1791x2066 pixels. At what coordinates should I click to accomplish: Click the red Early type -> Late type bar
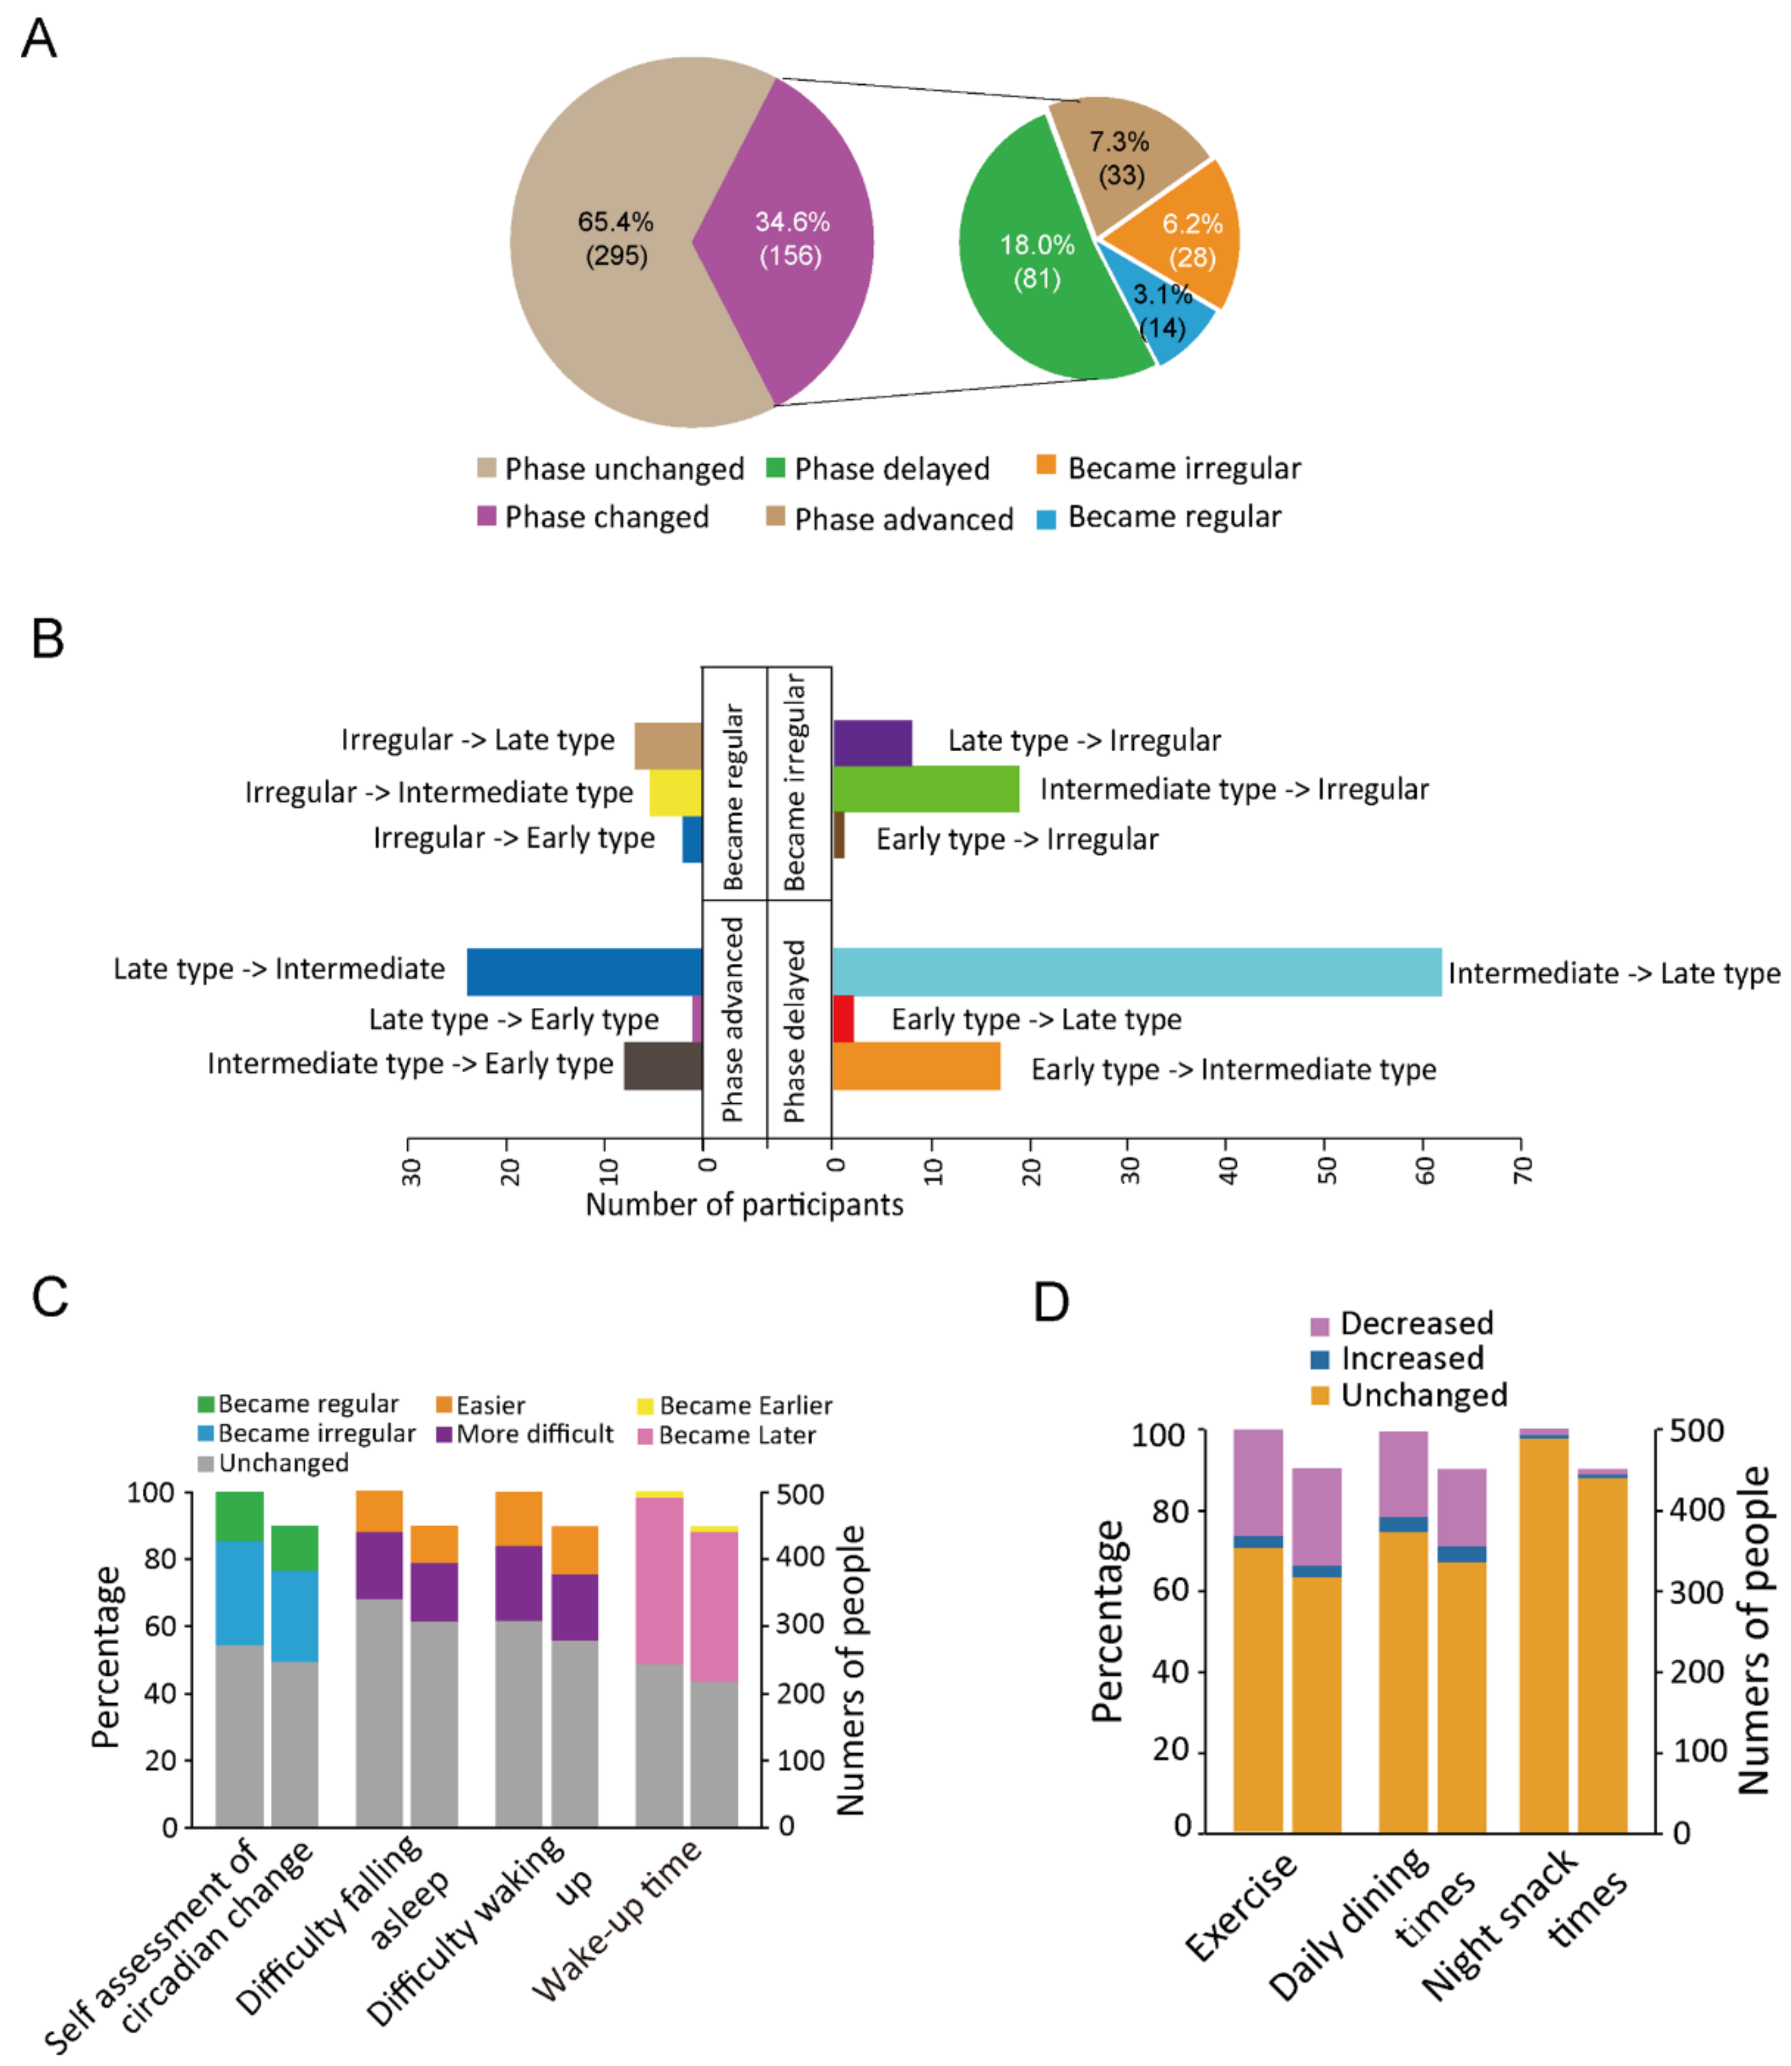tap(842, 1019)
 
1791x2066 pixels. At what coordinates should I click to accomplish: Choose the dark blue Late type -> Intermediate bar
tap(585, 971)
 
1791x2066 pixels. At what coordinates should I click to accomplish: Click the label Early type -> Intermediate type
tap(1234, 1069)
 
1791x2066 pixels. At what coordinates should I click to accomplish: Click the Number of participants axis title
tap(744, 1204)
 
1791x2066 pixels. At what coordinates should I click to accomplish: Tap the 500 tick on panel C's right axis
tap(799, 1494)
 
